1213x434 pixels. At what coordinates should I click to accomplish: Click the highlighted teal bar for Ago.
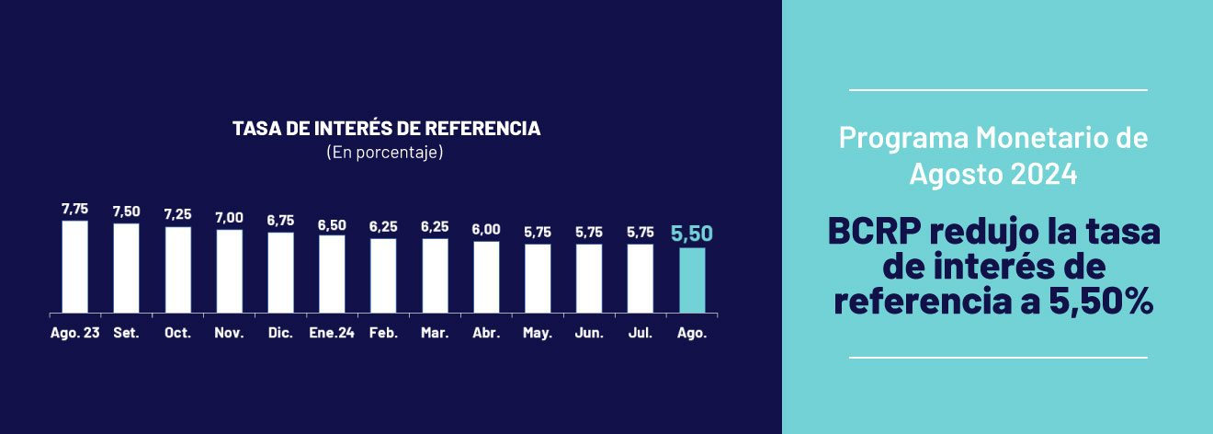pos(692,280)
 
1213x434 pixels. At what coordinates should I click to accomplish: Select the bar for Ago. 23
pos(74,267)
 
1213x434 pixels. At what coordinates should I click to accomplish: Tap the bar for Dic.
pos(280,272)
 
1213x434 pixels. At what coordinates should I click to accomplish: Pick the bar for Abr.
pos(486,277)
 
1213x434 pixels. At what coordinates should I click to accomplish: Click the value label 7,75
pos(74,210)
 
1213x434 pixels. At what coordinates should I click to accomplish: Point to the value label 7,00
pos(229,218)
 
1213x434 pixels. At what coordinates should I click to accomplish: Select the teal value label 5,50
pos(692,234)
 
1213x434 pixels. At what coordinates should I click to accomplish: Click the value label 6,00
pos(486,230)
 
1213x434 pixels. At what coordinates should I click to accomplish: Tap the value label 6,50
pos(332,224)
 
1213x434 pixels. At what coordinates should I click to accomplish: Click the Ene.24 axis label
pos(332,333)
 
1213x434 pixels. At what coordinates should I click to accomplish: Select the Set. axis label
pos(126,333)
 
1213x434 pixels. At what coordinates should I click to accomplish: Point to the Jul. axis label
pos(641,333)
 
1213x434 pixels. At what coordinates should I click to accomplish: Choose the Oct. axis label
pos(177,333)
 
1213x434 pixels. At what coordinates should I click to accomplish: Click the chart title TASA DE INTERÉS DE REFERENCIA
pos(386,129)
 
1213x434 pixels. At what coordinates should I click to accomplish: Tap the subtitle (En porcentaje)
pos(385,152)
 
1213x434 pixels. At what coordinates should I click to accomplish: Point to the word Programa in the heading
pos(901,140)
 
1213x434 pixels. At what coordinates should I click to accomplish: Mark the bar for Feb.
pos(383,275)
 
